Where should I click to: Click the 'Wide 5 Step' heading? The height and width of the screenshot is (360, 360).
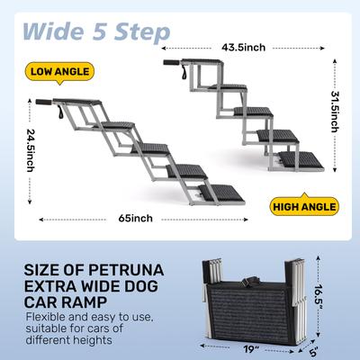tap(94, 31)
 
